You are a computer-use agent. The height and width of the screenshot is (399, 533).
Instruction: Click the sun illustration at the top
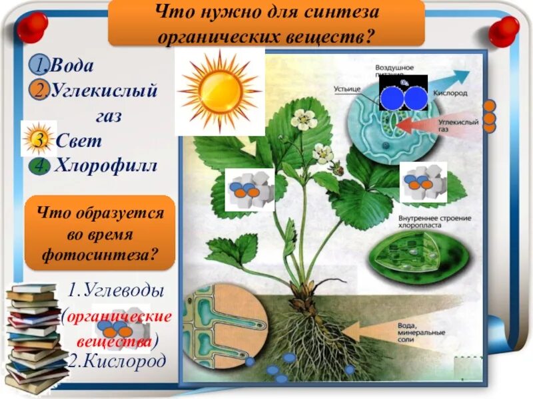(x=220, y=91)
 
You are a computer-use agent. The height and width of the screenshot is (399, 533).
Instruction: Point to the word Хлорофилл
(x=107, y=165)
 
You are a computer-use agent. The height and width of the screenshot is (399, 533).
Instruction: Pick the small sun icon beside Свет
(x=37, y=140)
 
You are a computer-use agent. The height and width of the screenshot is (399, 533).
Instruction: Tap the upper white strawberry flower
(x=304, y=120)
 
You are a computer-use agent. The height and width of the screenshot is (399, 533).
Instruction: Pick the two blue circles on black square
(x=403, y=97)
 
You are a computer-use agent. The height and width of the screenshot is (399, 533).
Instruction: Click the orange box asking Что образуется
(x=100, y=233)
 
